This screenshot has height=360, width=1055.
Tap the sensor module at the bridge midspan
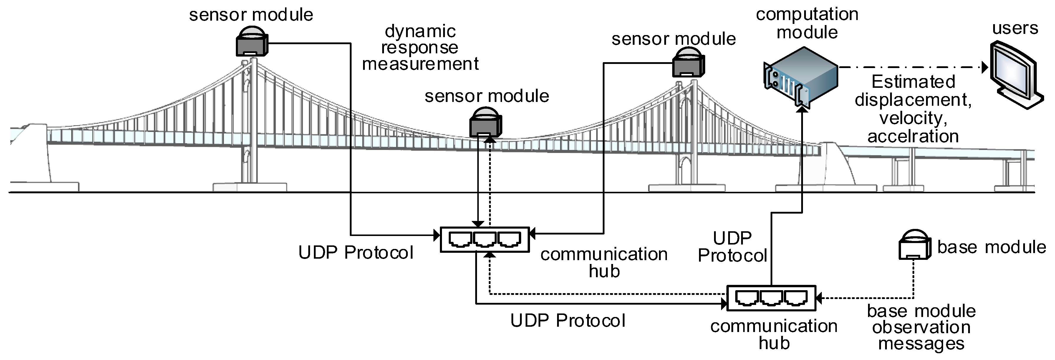coord(485,123)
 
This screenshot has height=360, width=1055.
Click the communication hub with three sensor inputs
coord(484,240)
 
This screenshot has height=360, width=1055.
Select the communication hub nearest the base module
coord(771,298)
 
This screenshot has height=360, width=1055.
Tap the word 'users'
coord(1015,28)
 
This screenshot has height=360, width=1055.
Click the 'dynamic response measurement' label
coord(420,47)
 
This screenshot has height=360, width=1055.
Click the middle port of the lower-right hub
coord(771,298)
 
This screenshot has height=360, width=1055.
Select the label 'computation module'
coord(807,23)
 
